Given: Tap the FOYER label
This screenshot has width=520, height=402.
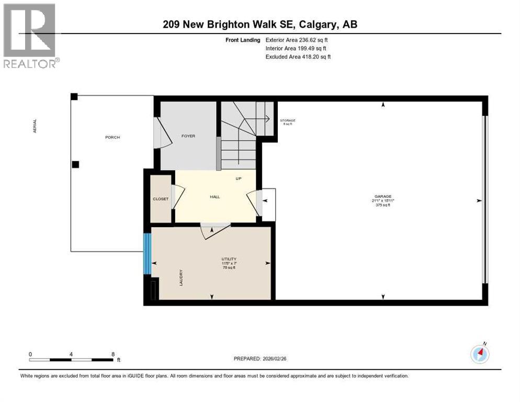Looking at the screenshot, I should tap(188, 136).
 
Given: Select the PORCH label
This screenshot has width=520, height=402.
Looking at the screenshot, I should tap(112, 137).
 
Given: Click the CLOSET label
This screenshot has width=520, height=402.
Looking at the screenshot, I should tap(160, 199).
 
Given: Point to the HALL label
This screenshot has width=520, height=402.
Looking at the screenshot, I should tap(215, 197).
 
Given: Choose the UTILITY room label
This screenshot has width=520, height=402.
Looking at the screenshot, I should tap(229, 259).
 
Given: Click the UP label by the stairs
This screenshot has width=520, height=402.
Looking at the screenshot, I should tap(239, 178).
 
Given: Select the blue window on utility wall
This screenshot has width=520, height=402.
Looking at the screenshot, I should tap(147, 254).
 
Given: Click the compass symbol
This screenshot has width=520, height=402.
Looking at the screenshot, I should tap(480, 354).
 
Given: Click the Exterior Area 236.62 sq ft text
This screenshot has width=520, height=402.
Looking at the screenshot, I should tap(297, 40).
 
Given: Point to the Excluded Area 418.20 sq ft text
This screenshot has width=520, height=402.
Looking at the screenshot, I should tap(298, 57).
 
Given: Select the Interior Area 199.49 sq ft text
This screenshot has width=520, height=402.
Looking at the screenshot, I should tap(297, 48).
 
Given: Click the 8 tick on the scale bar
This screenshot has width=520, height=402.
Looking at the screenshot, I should tap(113, 354).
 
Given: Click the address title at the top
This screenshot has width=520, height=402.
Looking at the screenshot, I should tap(259, 24).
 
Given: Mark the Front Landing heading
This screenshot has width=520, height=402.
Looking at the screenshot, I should tap(242, 40).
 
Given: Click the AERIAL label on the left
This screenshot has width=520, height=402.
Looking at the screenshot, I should tap(35, 126).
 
